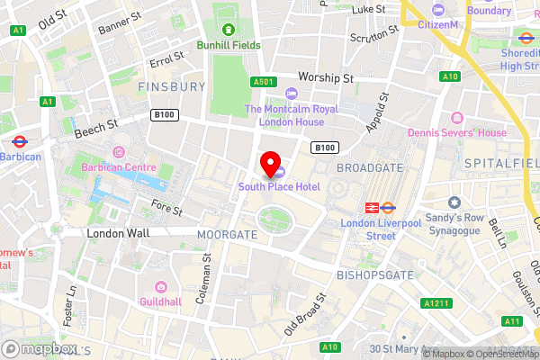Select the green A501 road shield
[263, 82]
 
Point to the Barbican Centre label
[119, 167]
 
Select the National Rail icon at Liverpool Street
[369, 207]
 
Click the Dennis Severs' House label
[456, 132]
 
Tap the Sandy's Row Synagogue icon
[454, 202]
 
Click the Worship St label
[327, 78]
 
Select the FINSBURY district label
[173, 87]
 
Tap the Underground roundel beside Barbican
[19, 141]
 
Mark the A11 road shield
[511, 320]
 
